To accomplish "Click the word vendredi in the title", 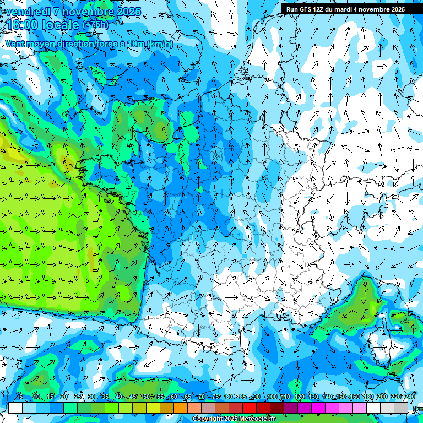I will (x=28, y=12).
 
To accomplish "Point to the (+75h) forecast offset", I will (x=95, y=24).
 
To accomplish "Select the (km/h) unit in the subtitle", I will (x=160, y=44).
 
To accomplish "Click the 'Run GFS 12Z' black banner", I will (x=345, y=9).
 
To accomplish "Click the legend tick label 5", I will (x=21, y=397).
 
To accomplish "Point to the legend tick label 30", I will (x=91, y=397).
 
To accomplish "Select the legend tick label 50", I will (x=146, y=397).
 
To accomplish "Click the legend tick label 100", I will (x=272, y=397).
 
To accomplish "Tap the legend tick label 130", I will (x=313, y=397).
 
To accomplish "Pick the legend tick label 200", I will (x=382, y=397).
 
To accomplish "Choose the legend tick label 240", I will (x=410, y=397).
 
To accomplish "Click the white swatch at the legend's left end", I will (x=15, y=408).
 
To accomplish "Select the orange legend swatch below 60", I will (x=181, y=408).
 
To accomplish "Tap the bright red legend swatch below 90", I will (x=250, y=408).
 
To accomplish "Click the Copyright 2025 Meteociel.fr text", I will (x=234, y=419).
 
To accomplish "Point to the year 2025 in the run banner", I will (x=396, y=9).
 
